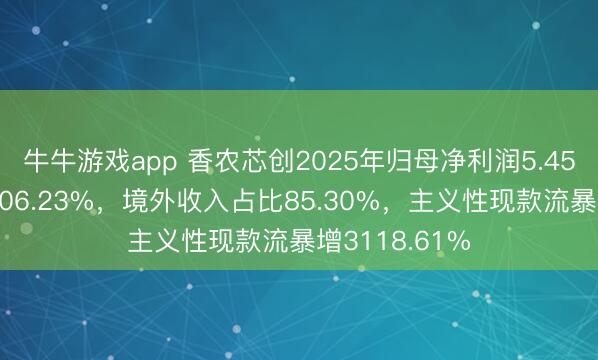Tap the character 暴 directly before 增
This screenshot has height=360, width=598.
[309, 241]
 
